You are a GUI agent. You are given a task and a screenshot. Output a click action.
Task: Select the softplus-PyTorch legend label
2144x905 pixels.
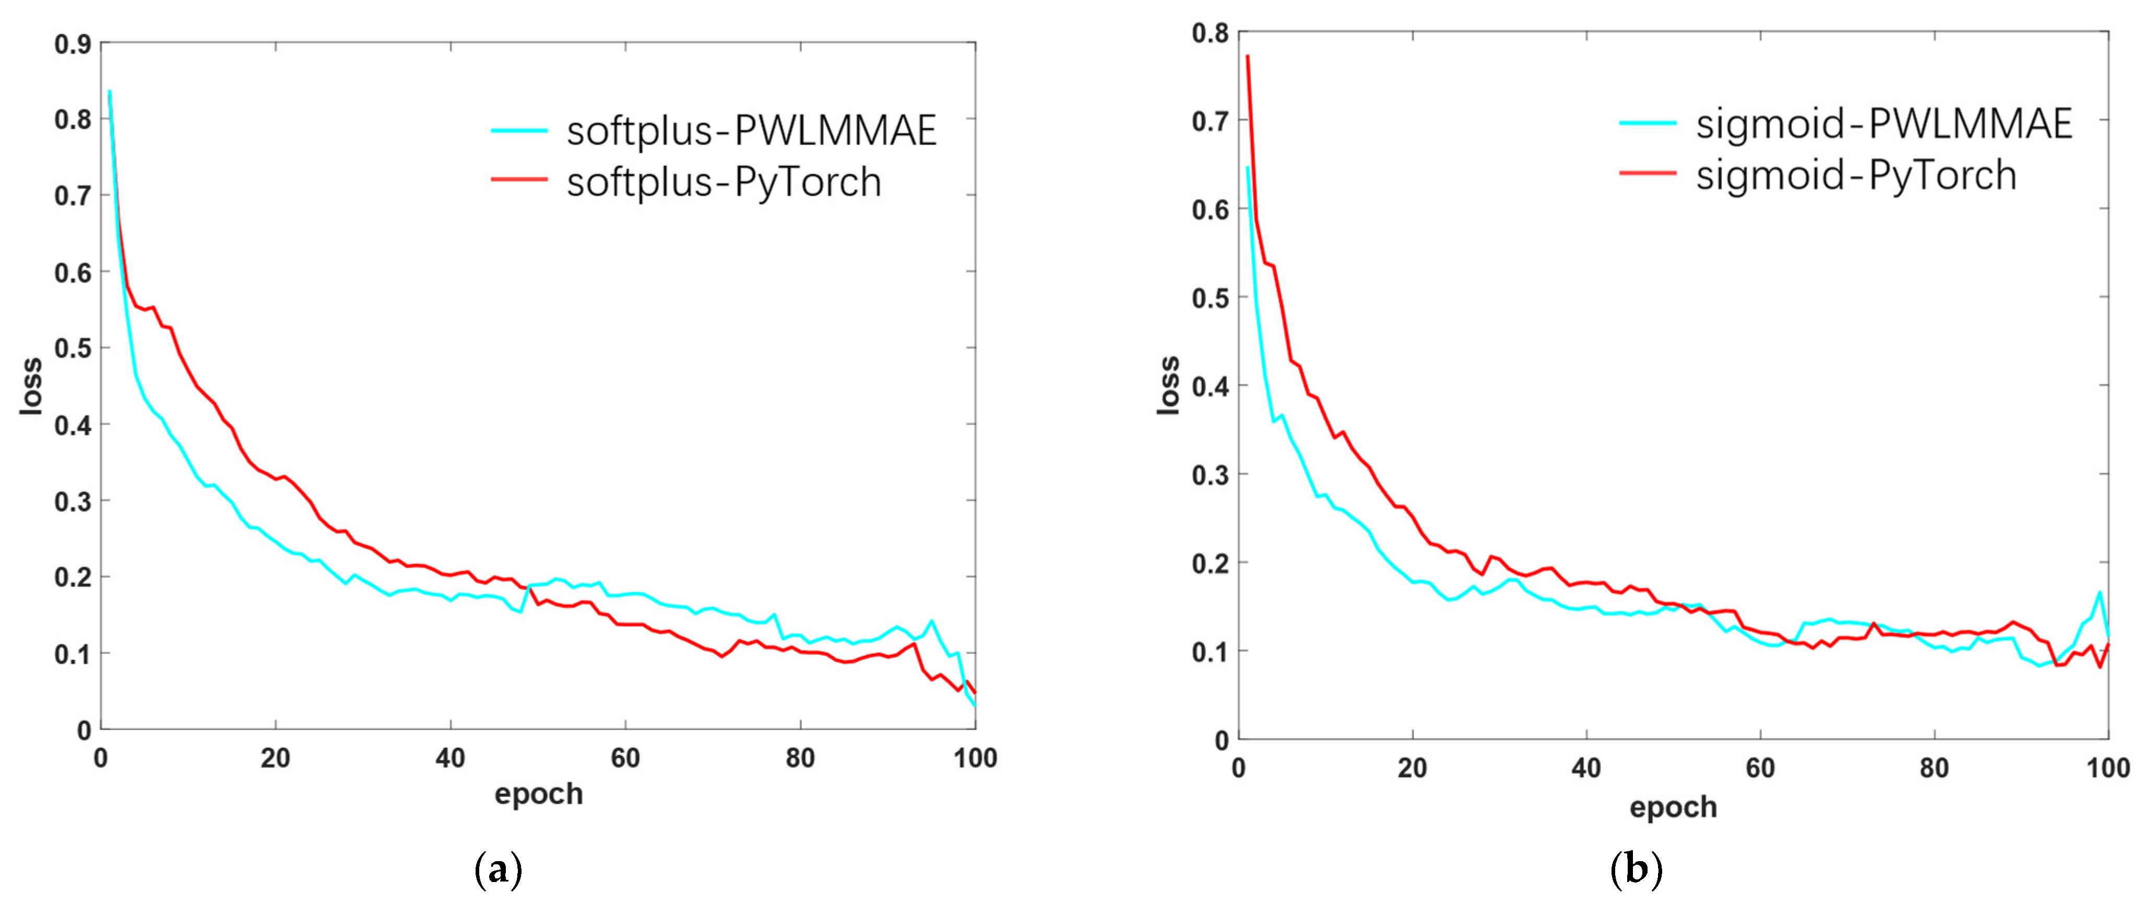(x=723, y=182)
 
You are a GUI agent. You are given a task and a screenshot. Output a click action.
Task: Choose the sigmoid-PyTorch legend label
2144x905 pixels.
(x=1856, y=175)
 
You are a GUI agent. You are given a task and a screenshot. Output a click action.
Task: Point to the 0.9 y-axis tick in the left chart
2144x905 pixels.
(x=73, y=44)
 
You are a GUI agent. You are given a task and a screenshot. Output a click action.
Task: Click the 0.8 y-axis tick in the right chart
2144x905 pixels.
(x=1210, y=33)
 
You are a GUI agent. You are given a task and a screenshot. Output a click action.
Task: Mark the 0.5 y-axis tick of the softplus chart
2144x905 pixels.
(x=73, y=348)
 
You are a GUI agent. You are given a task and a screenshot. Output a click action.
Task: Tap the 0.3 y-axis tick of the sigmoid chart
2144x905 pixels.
(x=1210, y=475)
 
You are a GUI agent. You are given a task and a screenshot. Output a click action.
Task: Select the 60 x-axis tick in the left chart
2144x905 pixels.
(x=625, y=758)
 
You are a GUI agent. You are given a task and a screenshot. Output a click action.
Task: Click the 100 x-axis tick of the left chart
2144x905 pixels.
(x=975, y=758)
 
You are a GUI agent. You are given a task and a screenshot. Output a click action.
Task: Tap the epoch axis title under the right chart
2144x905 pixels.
(x=1673, y=807)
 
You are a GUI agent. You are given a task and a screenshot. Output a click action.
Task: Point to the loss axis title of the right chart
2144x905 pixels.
(x=1168, y=385)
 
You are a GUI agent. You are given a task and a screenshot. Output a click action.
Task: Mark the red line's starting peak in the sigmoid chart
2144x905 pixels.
(x=1248, y=56)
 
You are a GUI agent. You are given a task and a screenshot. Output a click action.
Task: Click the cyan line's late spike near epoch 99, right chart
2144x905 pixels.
(x=2100, y=593)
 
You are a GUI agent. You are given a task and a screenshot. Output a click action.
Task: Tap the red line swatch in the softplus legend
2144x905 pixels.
(x=518, y=180)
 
